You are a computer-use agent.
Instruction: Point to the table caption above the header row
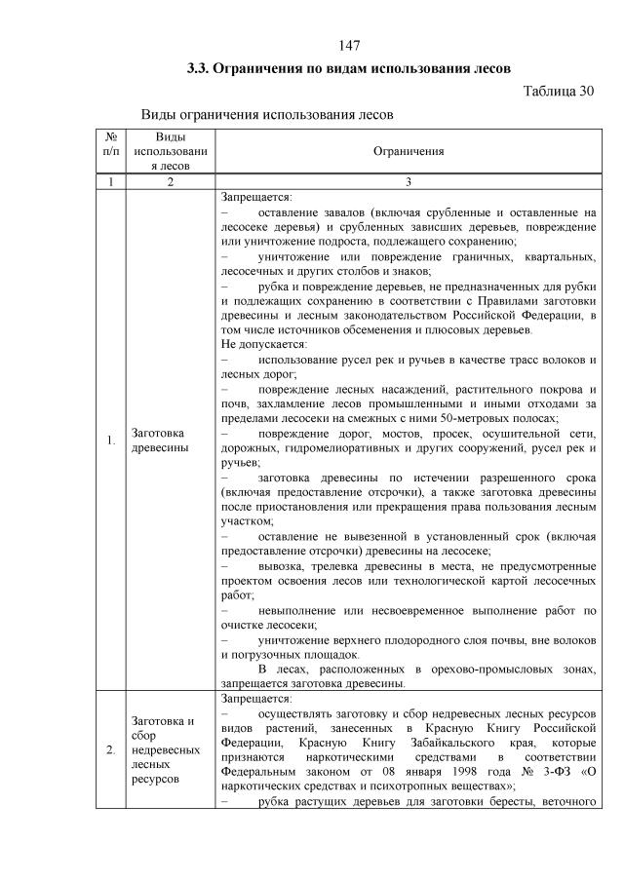(x=267, y=114)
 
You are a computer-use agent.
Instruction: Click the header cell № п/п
(x=111, y=151)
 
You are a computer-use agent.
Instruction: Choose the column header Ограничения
(x=409, y=151)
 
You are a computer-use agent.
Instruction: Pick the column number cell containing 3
(x=409, y=181)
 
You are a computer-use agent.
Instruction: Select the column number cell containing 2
(x=171, y=181)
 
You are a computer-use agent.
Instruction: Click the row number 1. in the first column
(x=111, y=440)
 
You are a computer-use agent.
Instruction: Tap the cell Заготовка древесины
(x=159, y=440)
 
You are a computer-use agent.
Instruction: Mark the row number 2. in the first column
(x=111, y=749)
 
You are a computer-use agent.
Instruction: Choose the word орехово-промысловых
(x=460, y=670)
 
